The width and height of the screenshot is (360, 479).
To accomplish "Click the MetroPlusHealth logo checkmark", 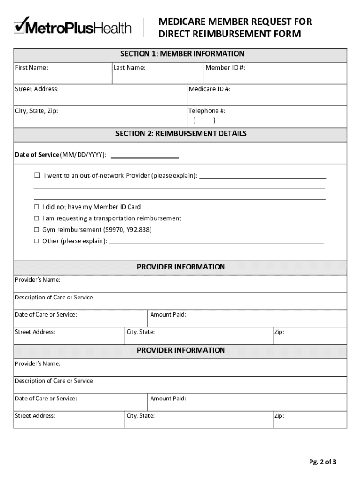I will click(22, 25).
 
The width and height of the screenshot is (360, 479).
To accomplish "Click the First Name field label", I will click(31, 68).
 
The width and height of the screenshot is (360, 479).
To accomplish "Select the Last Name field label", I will click(130, 68).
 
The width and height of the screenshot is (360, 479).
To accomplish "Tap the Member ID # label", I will click(225, 68).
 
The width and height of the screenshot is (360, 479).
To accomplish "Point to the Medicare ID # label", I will click(209, 89).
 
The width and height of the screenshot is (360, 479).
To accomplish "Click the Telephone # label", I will click(207, 111).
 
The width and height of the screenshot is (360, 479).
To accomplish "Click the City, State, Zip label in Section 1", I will click(36, 111).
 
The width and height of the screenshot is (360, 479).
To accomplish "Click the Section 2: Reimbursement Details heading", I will click(181, 134).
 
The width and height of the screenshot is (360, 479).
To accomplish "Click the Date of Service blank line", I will click(144, 155).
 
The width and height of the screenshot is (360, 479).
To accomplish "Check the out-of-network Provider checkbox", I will click(37, 176).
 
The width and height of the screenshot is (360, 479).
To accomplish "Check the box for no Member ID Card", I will click(36, 207).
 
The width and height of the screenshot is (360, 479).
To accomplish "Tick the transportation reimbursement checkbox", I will click(36, 218).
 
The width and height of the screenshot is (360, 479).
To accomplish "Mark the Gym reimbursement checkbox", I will click(36, 230).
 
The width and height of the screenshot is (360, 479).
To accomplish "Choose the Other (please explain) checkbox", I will click(36, 241).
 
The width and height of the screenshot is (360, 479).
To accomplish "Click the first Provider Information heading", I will click(180, 267).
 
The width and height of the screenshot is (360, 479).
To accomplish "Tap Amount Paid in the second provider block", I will click(168, 399).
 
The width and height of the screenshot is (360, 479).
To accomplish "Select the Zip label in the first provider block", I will click(279, 332).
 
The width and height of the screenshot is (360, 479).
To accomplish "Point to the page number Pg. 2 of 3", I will click(322, 462).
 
